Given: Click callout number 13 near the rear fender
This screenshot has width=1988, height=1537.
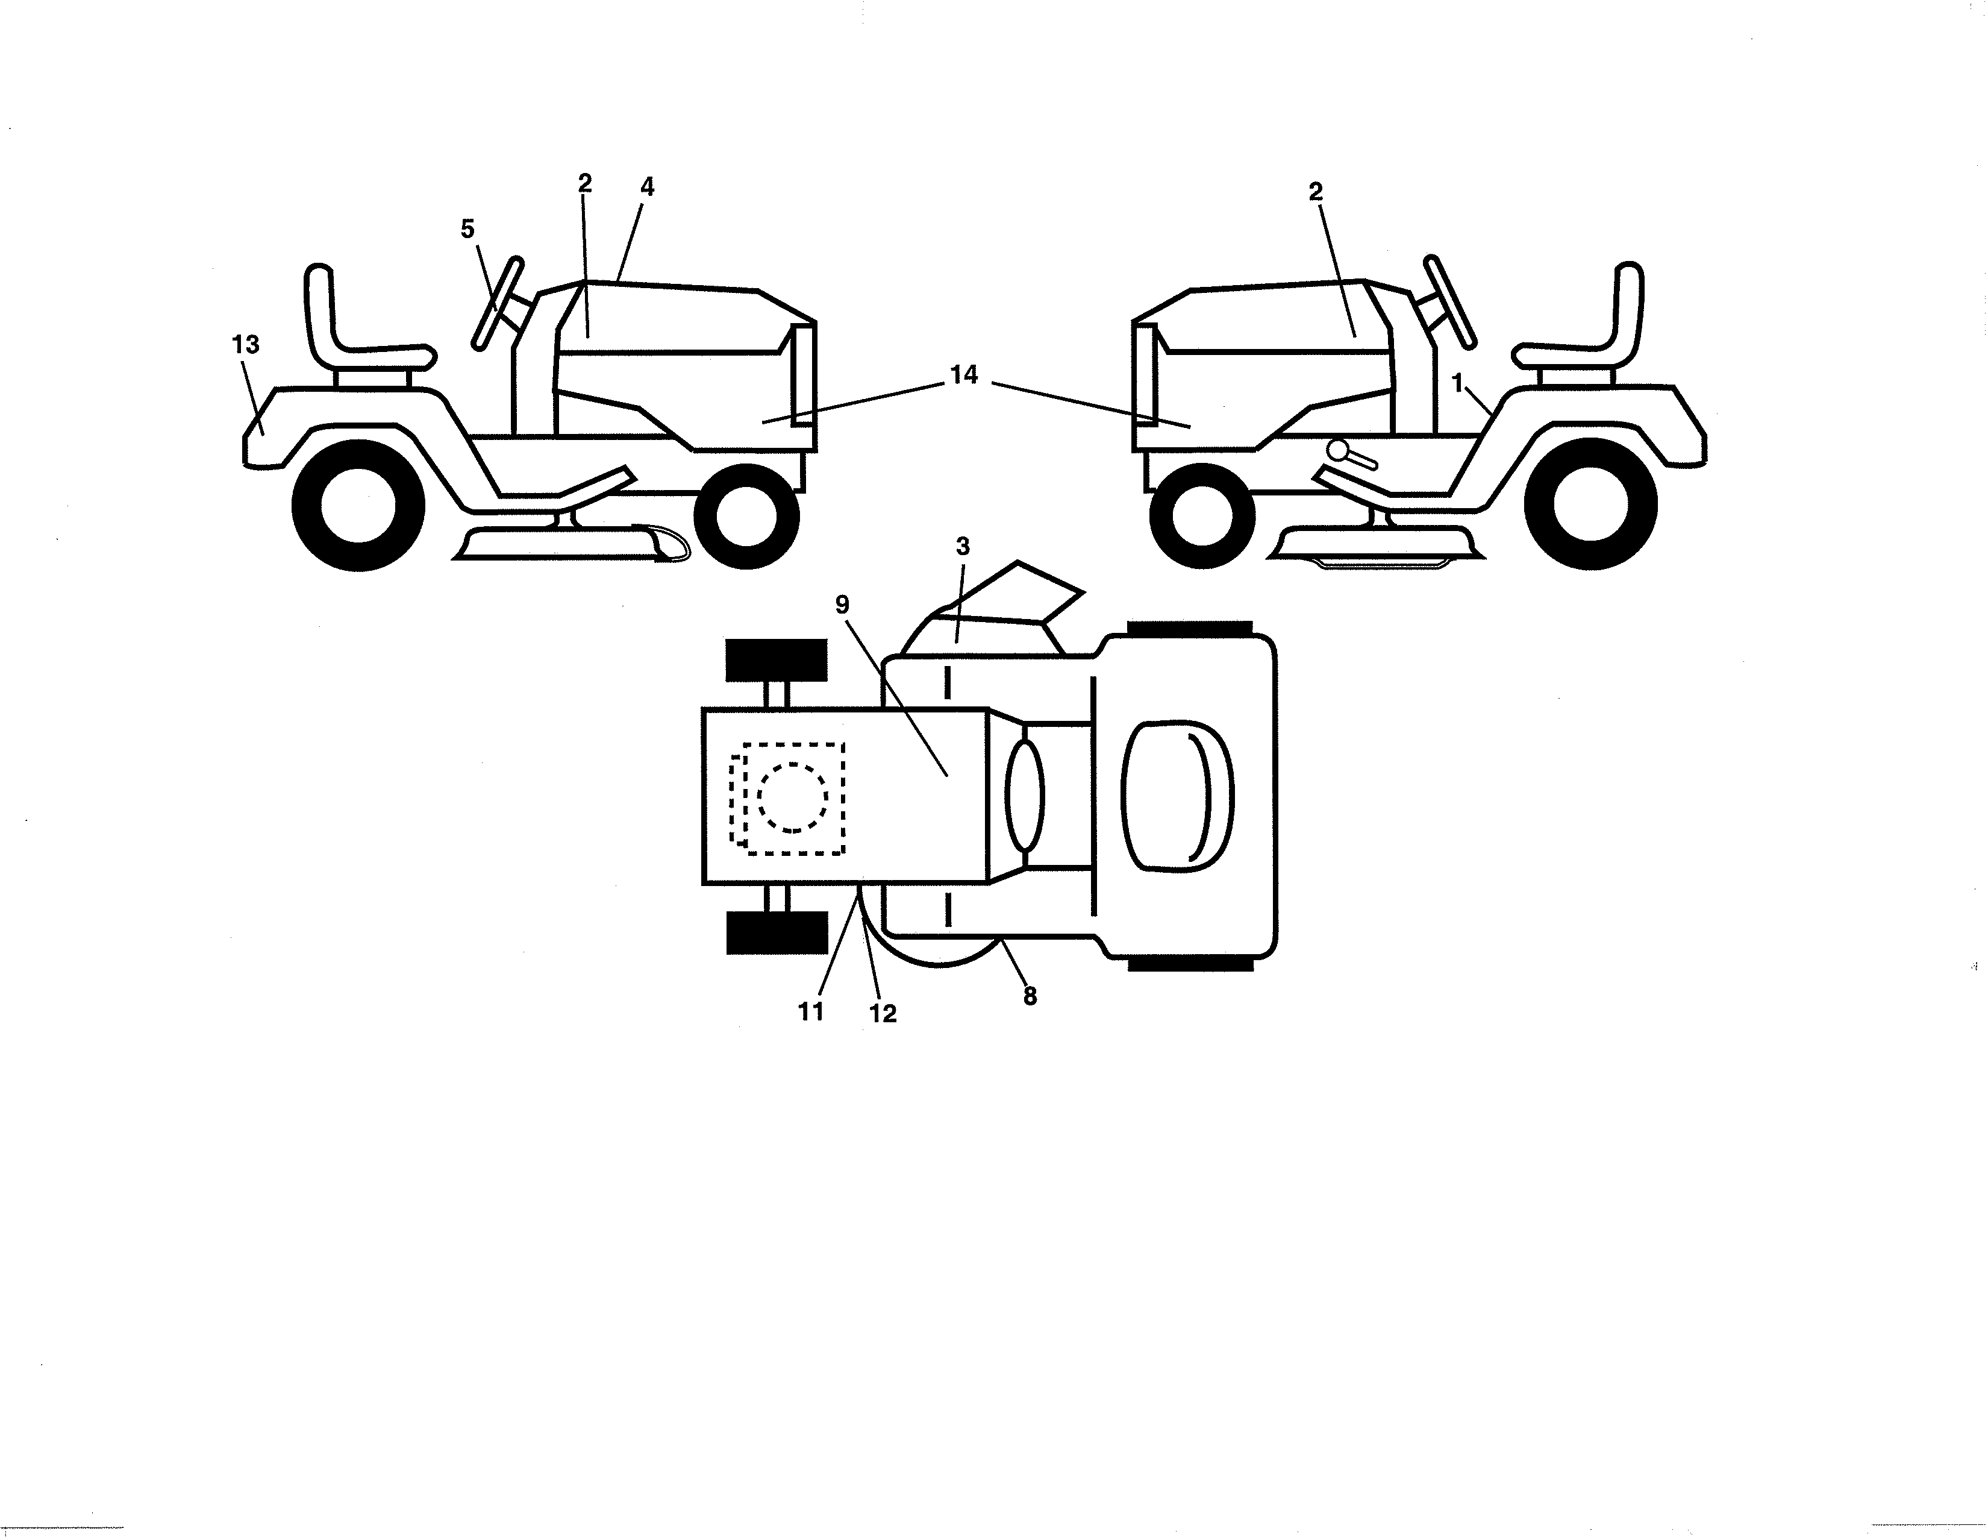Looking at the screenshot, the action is (x=246, y=345).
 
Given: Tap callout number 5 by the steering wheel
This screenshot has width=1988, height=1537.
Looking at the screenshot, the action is (x=468, y=230).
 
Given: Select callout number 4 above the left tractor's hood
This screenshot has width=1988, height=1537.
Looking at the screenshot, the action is (x=647, y=187).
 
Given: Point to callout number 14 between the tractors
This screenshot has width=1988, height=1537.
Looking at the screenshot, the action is (x=964, y=374).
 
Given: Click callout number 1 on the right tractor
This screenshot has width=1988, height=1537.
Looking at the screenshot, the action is (x=1457, y=385).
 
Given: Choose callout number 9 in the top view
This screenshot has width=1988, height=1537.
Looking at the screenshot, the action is (x=842, y=605).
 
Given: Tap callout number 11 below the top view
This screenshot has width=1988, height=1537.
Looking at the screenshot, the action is (x=811, y=1011).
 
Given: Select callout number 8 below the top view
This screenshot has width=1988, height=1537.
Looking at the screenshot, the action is (x=1030, y=997).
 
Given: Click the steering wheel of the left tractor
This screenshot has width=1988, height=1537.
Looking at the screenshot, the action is (x=498, y=303).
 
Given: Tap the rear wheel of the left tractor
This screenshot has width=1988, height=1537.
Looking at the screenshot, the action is (x=358, y=505).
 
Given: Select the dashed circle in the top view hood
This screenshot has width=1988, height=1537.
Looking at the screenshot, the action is (x=793, y=797).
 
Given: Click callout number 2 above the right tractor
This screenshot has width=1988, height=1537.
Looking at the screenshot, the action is (x=1315, y=192).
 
